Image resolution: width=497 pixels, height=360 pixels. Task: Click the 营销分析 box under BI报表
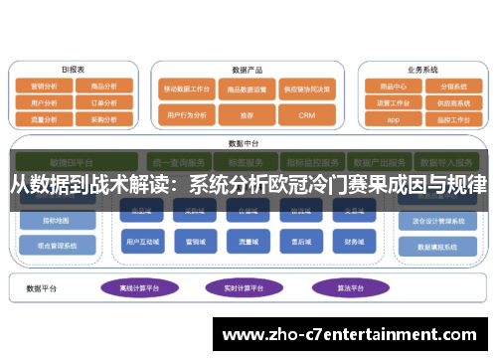(x=46, y=87)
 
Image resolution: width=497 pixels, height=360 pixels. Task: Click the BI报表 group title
(x=74, y=70)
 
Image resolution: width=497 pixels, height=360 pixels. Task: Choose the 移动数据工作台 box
(x=188, y=88)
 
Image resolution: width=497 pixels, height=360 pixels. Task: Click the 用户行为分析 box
(x=188, y=116)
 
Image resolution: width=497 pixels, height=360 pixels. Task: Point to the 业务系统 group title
(x=422, y=70)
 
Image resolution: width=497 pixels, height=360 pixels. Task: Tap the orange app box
(x=393, y=118)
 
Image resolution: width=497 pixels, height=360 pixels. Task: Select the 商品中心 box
(x=393, y=87)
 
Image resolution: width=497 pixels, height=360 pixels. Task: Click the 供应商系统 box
(x=452, y=102)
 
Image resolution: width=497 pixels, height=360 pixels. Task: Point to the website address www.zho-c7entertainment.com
(x=353, y=333)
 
